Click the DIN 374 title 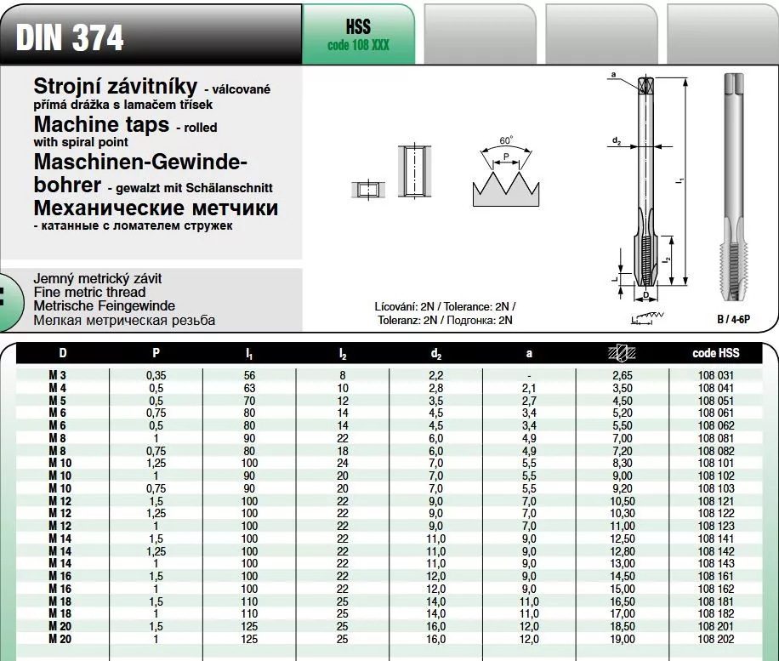[70, 37]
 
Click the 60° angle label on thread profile [507, 140]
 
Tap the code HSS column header [716, 353]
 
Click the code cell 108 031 [716, 375]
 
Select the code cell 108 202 [716, 639]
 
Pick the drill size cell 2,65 [623, 375]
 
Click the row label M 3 [60, 375]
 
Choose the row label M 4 [60, 388]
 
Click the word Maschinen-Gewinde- [139, 162]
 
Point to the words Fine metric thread [89, 293]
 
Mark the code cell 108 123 [716, 526]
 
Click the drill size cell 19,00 [623, 639]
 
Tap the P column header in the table [156, 353]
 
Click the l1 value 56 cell [249, 375]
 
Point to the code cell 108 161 [716, 576]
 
